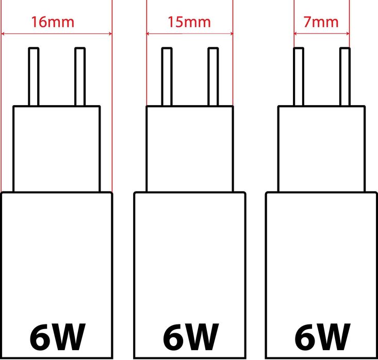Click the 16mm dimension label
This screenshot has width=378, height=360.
pyautogui.click(x=53, y=22)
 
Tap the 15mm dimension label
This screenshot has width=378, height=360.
pyautogui.click(x=189, y=22)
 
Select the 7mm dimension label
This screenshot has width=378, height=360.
pyautogui.click(x=321, y=22)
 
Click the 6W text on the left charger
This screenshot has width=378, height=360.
pyautogui.click(x=58, y=337)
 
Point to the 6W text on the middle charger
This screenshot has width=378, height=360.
pyautogui.click(x=191, y=337)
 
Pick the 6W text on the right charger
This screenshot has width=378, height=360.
pyautogui.click(x=322, y=337)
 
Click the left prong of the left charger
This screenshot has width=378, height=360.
pyautogui.click(x=34, y=77)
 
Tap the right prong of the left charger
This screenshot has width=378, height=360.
pyautogui.click(x=80, y=77)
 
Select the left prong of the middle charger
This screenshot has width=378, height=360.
pyautogui.click(x=167, y=77)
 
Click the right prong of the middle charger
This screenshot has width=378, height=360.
pyautogui.click(x=213, y=77)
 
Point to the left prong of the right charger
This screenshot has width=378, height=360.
pyautogui.click(x=299, y=77)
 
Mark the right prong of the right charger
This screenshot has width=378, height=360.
pyautogui.click(x=344, y=77)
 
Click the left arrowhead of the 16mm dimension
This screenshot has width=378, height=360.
pyautogui.click(x=3, y=33)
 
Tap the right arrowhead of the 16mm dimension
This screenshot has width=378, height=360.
pyautogui.click(x=110, y=33)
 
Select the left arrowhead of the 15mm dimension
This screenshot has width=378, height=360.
pyautogui.click(x=148, y=33)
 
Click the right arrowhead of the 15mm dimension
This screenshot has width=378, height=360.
pyautogui.click(x=231, y=33)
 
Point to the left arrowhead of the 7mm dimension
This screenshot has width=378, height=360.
pyautogui.click(x=295, y=33)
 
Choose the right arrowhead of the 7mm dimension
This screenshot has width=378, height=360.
pyautogui.click(x=348, y=33)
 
